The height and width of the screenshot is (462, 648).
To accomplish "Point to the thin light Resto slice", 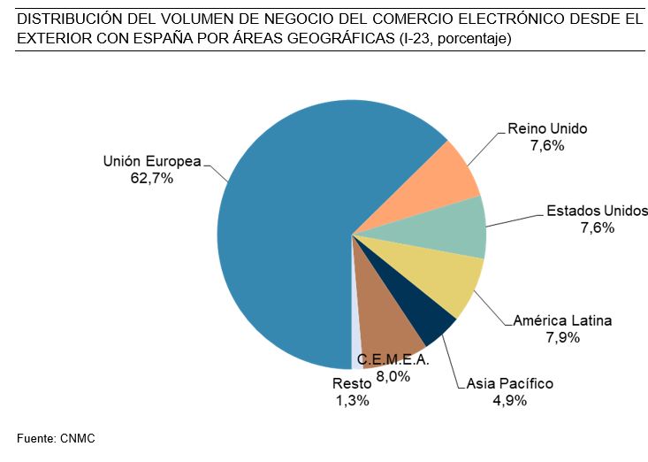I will click(356, 345).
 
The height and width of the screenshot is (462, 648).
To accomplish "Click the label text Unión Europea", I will click(152, 161).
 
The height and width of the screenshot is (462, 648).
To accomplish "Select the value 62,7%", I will click(151, 178).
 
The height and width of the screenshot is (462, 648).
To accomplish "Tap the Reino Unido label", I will click(547, 128).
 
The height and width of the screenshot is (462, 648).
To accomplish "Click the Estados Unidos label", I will click(597, 211).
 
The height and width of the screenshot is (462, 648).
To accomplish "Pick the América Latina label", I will click(562, 320).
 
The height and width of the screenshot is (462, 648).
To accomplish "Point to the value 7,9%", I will click(563, 337).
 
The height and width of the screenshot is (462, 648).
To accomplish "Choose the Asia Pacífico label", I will click(509, 383).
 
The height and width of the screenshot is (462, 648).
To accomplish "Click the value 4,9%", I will click(509, 400).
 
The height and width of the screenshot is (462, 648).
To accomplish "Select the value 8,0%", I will click(393, 376).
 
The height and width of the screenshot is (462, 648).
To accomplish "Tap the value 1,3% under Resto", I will click(352, 400).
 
